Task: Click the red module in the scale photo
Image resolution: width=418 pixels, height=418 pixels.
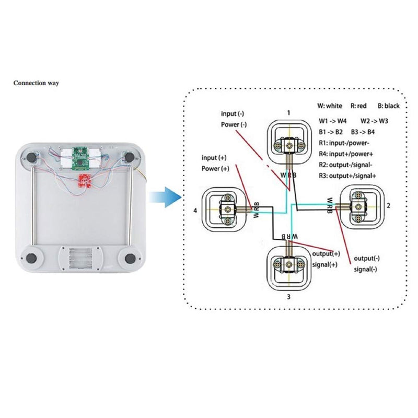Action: (x=84, y=181)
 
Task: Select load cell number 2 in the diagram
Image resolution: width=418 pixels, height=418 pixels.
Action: (x=359, y=205)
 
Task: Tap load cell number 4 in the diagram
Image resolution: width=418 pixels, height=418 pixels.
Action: (x=224, y=209)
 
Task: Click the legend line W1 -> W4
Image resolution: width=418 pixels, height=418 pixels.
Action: (x=333, y=121)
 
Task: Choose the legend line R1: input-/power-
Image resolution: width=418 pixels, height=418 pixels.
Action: (x=344, y=142)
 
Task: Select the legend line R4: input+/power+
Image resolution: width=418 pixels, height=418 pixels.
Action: (x=345, y=154)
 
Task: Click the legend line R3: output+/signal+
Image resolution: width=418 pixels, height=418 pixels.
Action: (x=347, y=176)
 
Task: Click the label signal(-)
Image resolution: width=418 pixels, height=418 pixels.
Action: (x=365, y=269)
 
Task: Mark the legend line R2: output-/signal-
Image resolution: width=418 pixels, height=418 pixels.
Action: (x=346, y=165)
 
